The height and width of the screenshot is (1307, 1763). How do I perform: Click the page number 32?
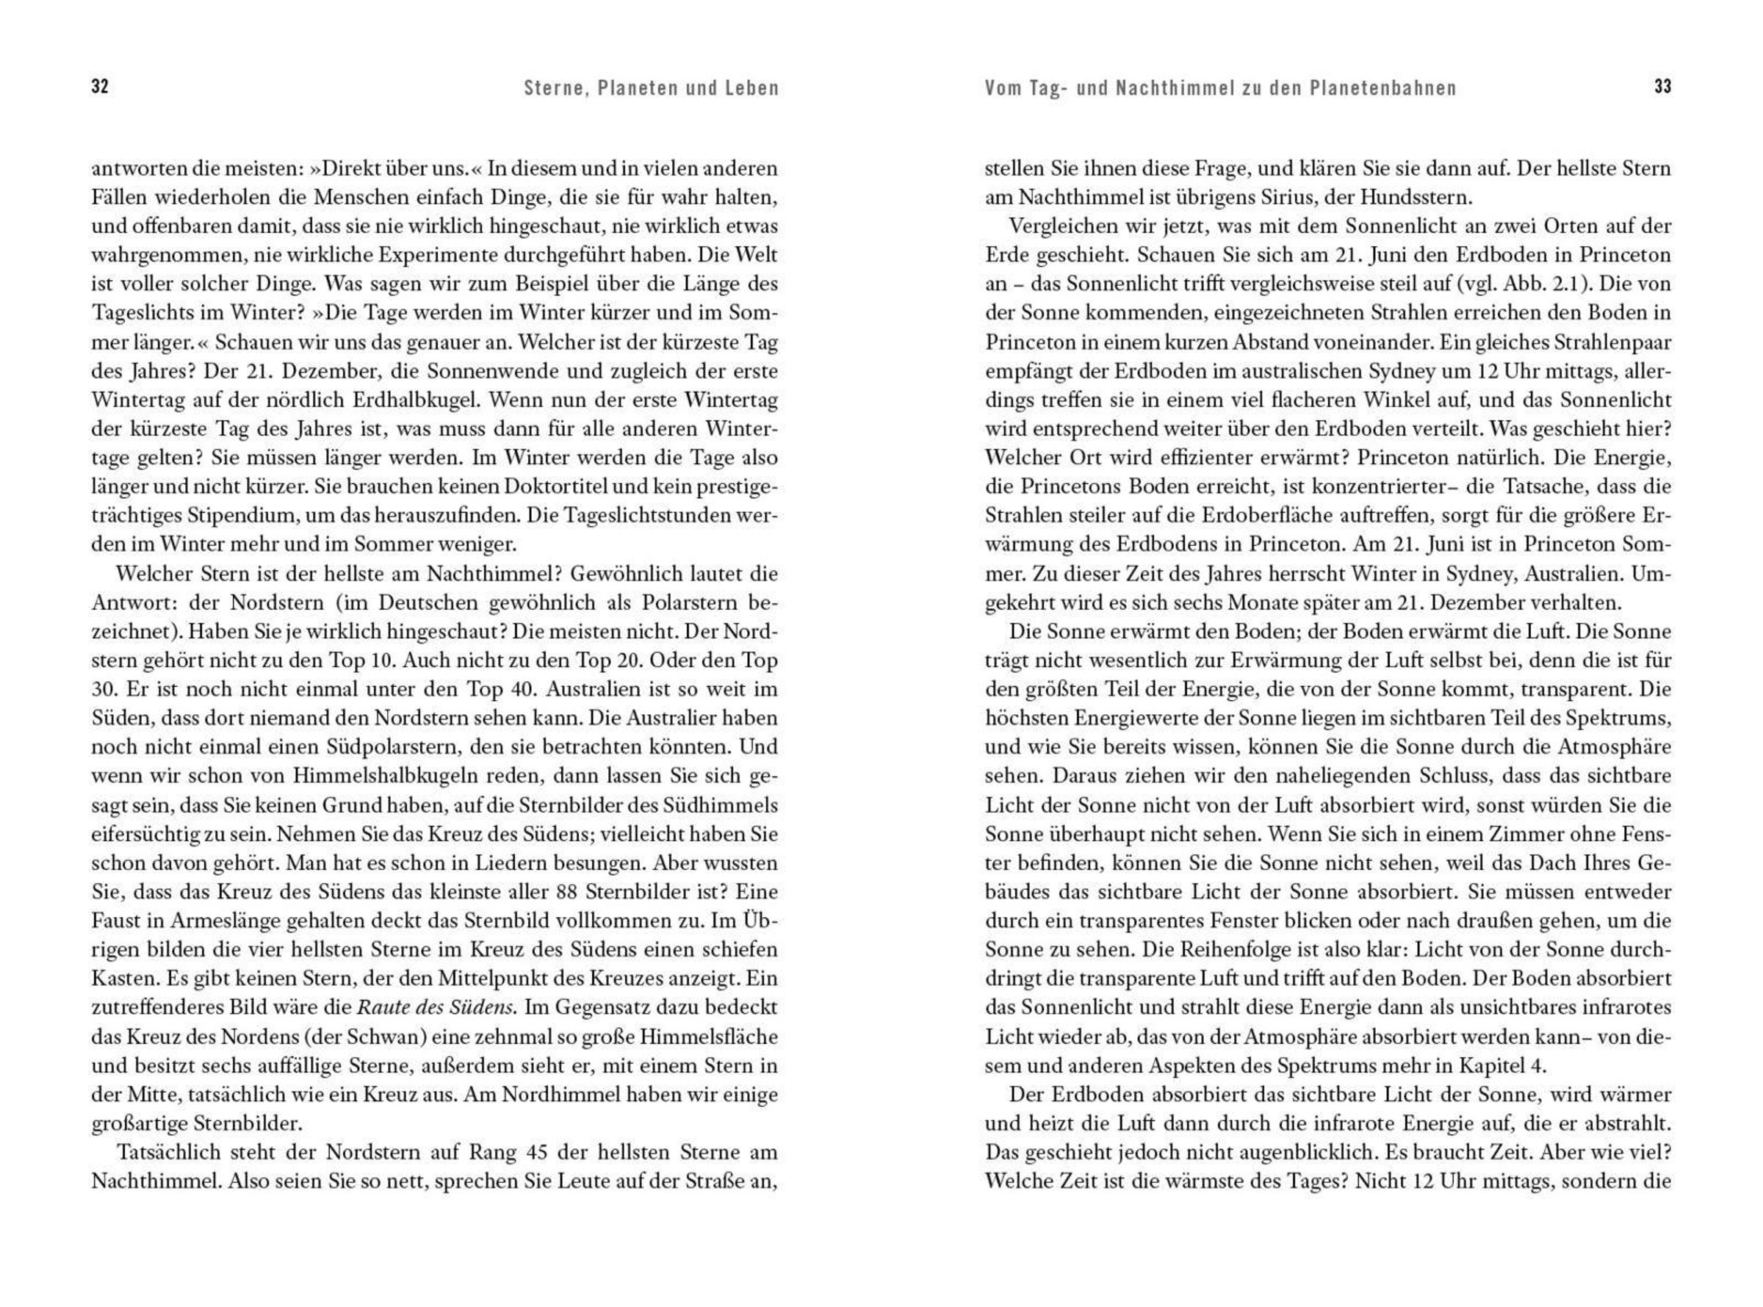pyautogui.click(x=100, y=87)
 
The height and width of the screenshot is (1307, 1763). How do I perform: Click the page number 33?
pyautogui.click(x=1662, y=87)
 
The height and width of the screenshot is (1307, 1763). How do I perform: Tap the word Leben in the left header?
pyautogui.click(x=752, y=88)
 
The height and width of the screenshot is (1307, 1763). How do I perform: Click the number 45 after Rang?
pyautogui.click(x=536, y=1153)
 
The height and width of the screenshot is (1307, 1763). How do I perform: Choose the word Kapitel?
pyautogui.click(x=1490, y=1066)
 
